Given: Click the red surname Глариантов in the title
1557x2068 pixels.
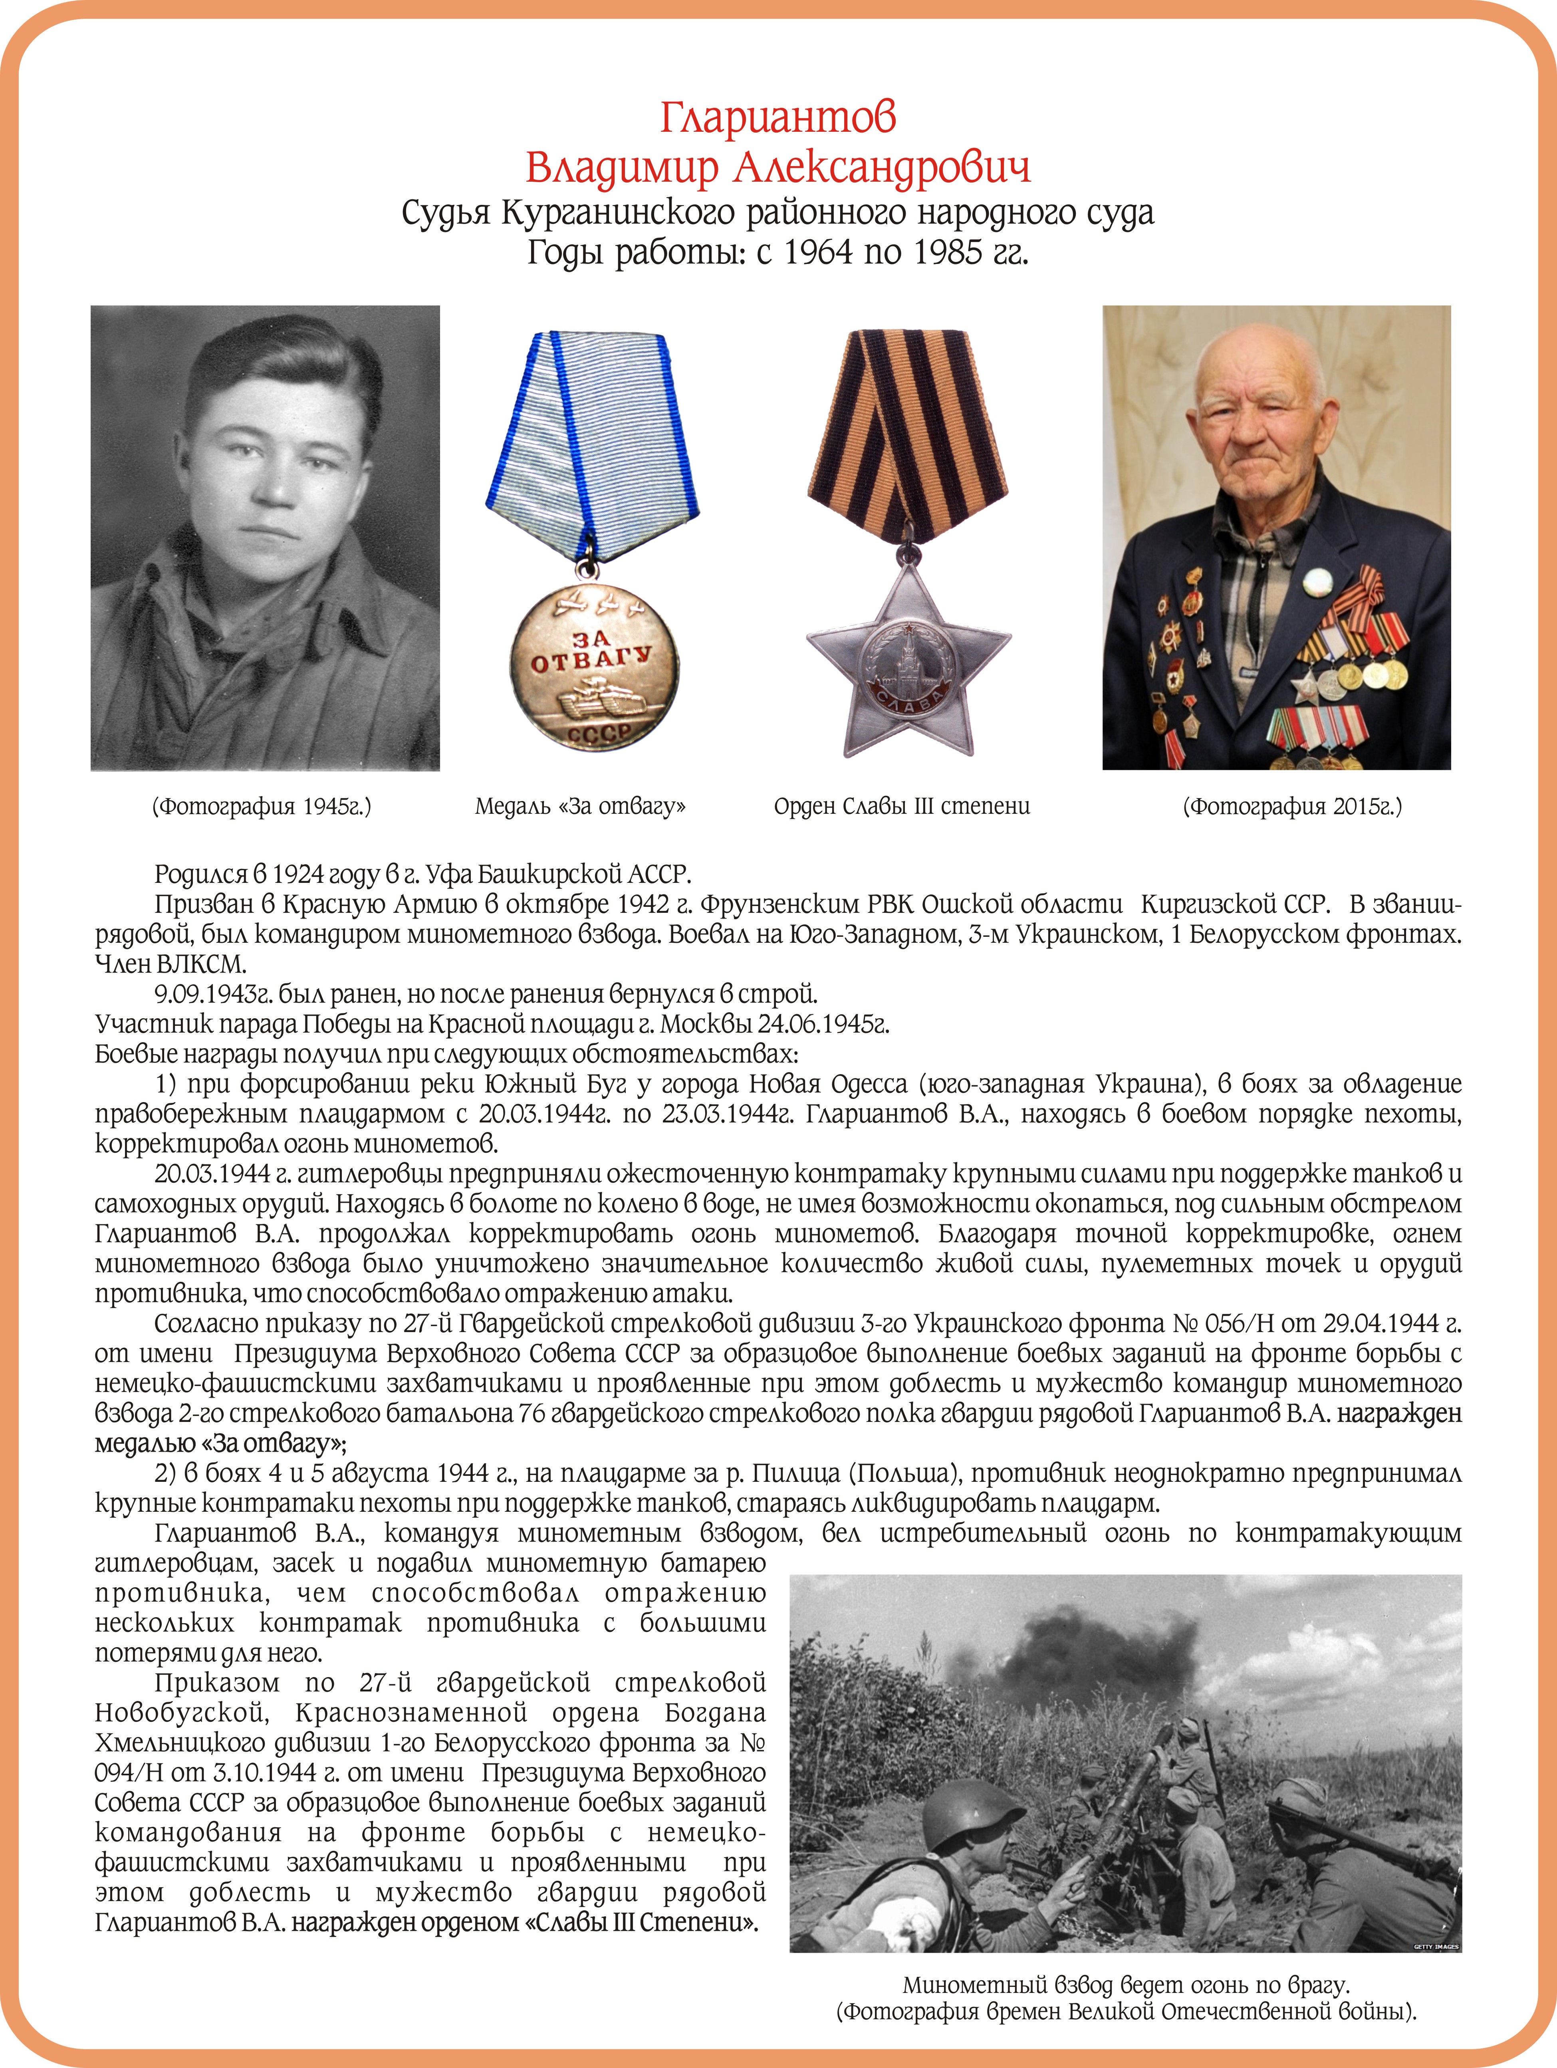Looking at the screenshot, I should point(778,118).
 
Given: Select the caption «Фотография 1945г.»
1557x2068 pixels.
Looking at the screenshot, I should point(262,806).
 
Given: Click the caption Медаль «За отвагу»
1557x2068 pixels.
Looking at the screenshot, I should point(580,806).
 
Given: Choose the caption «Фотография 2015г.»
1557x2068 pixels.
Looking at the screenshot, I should point(1292,806).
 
